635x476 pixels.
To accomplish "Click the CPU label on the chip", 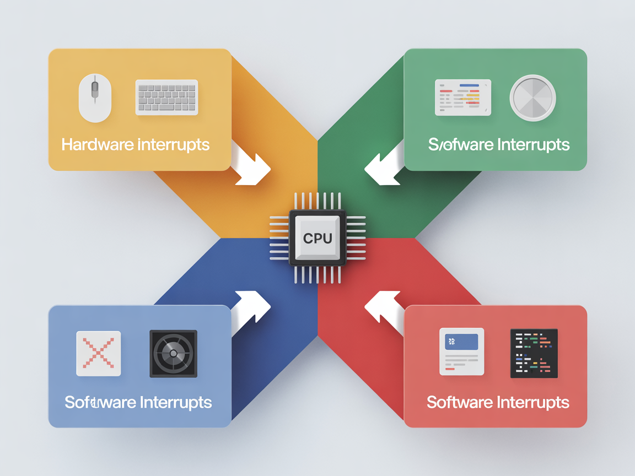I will [x=317, y=239].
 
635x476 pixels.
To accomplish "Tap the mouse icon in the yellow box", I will [x=95, y=98].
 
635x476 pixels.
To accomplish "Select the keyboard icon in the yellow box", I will [x=166, y=98].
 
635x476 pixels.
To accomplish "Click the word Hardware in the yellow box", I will [x=98, y=145].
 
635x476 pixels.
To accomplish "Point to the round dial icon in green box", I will [x=532, y=98].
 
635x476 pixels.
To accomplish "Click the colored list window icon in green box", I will [x=462, y=98].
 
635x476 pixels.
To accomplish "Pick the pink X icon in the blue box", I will [x=98, y=353].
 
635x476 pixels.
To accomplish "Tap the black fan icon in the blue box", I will [x=173, y=353].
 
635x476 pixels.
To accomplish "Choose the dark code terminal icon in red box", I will [x=534, y=353].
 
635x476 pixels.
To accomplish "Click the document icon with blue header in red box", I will [x=461, y=351].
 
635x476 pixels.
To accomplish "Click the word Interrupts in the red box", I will [x=533, y=402].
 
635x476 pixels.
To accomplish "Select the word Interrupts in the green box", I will [x=533, y=145].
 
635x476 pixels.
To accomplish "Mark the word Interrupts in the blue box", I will [x=175, y=402].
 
